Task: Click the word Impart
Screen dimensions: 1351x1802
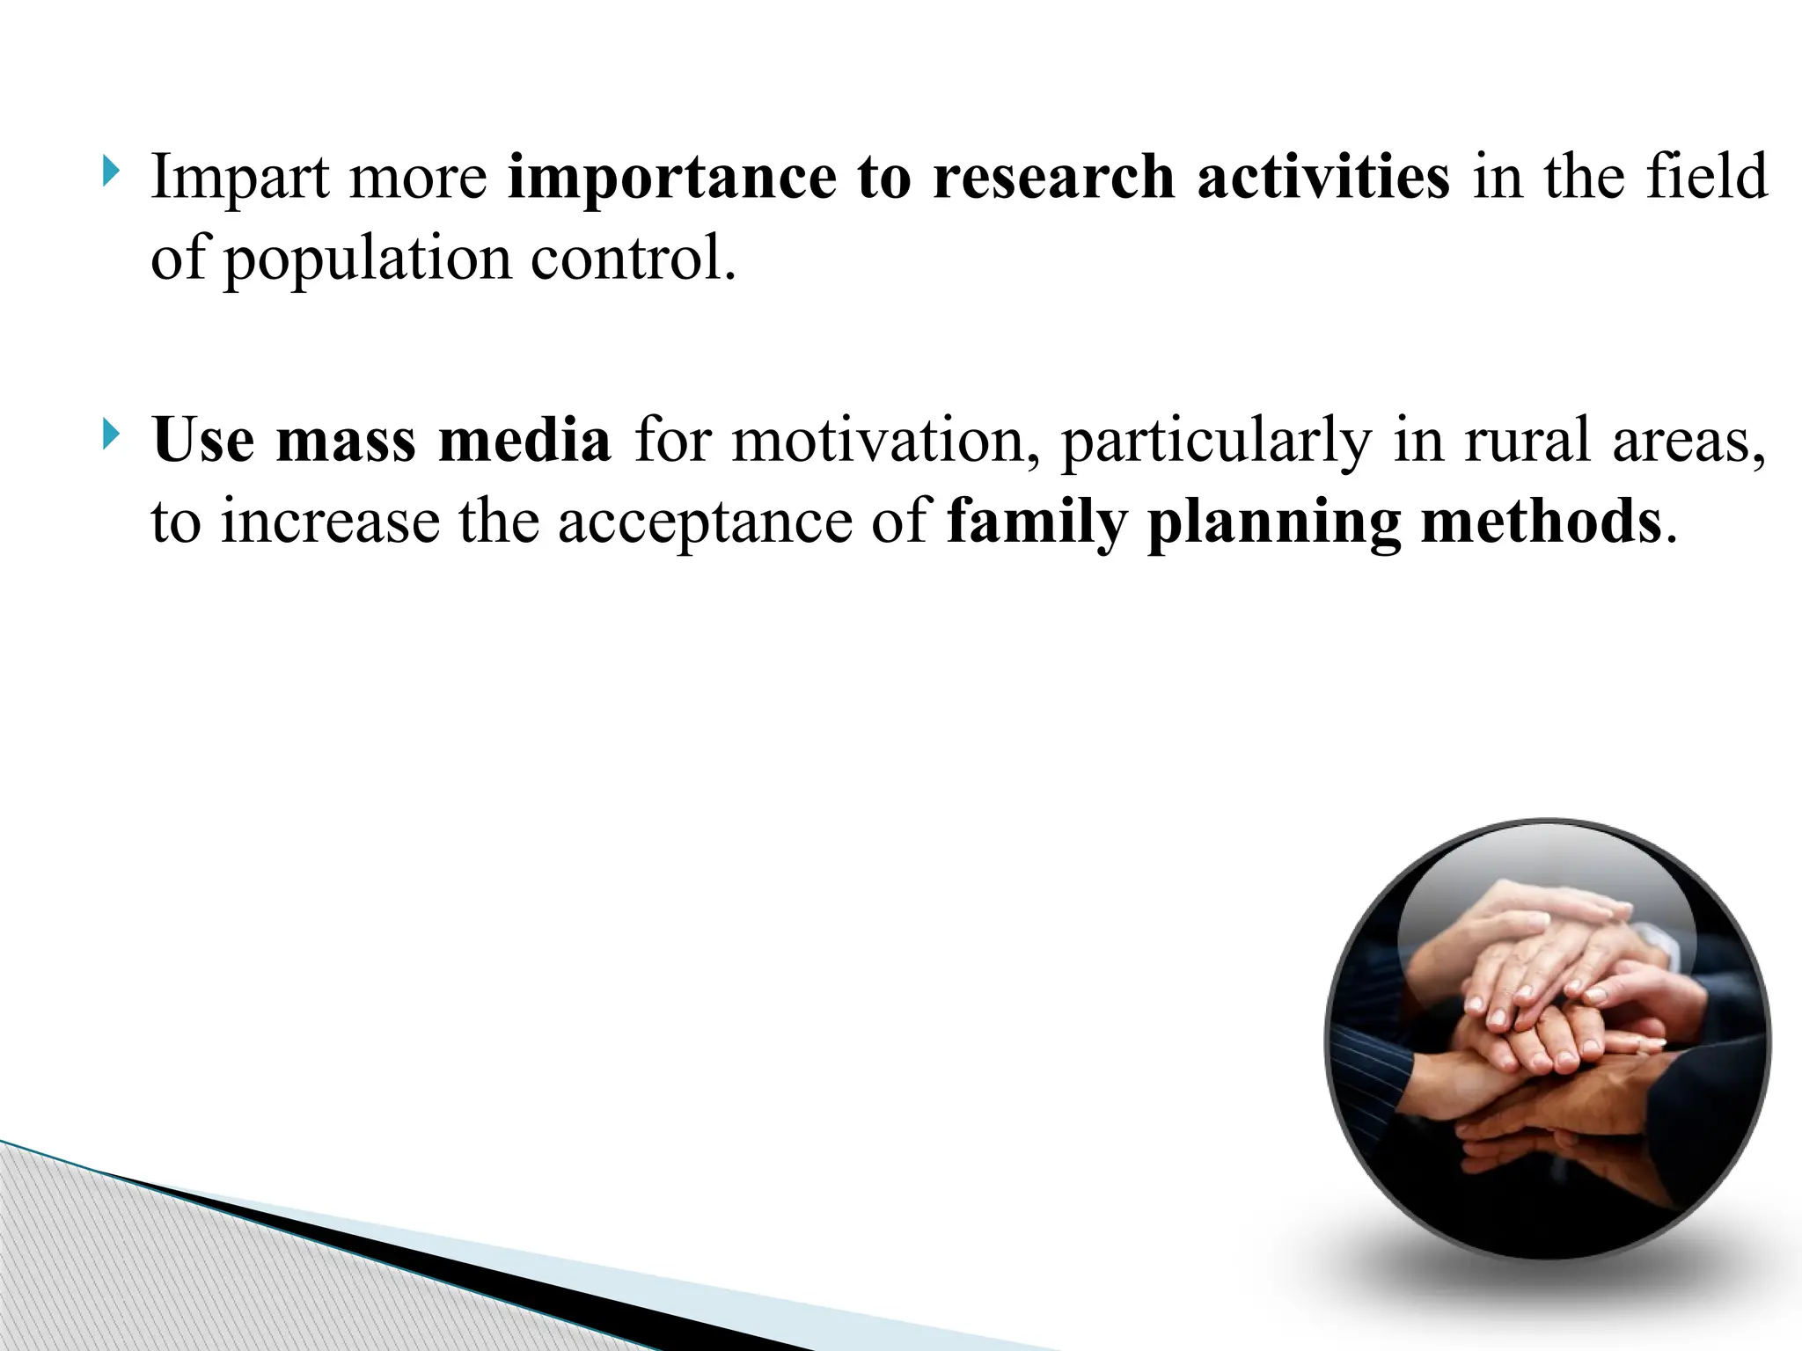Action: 239,179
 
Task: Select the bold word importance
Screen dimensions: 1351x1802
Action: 670,179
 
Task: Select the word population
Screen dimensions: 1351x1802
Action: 367,260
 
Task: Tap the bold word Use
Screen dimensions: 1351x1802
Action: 203,439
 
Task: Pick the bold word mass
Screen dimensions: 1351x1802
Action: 346,441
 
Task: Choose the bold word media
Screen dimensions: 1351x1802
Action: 524,439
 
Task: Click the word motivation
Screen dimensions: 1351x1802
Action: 888,441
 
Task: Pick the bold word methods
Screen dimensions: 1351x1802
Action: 1541,521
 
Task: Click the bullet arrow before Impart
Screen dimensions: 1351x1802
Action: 109,172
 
